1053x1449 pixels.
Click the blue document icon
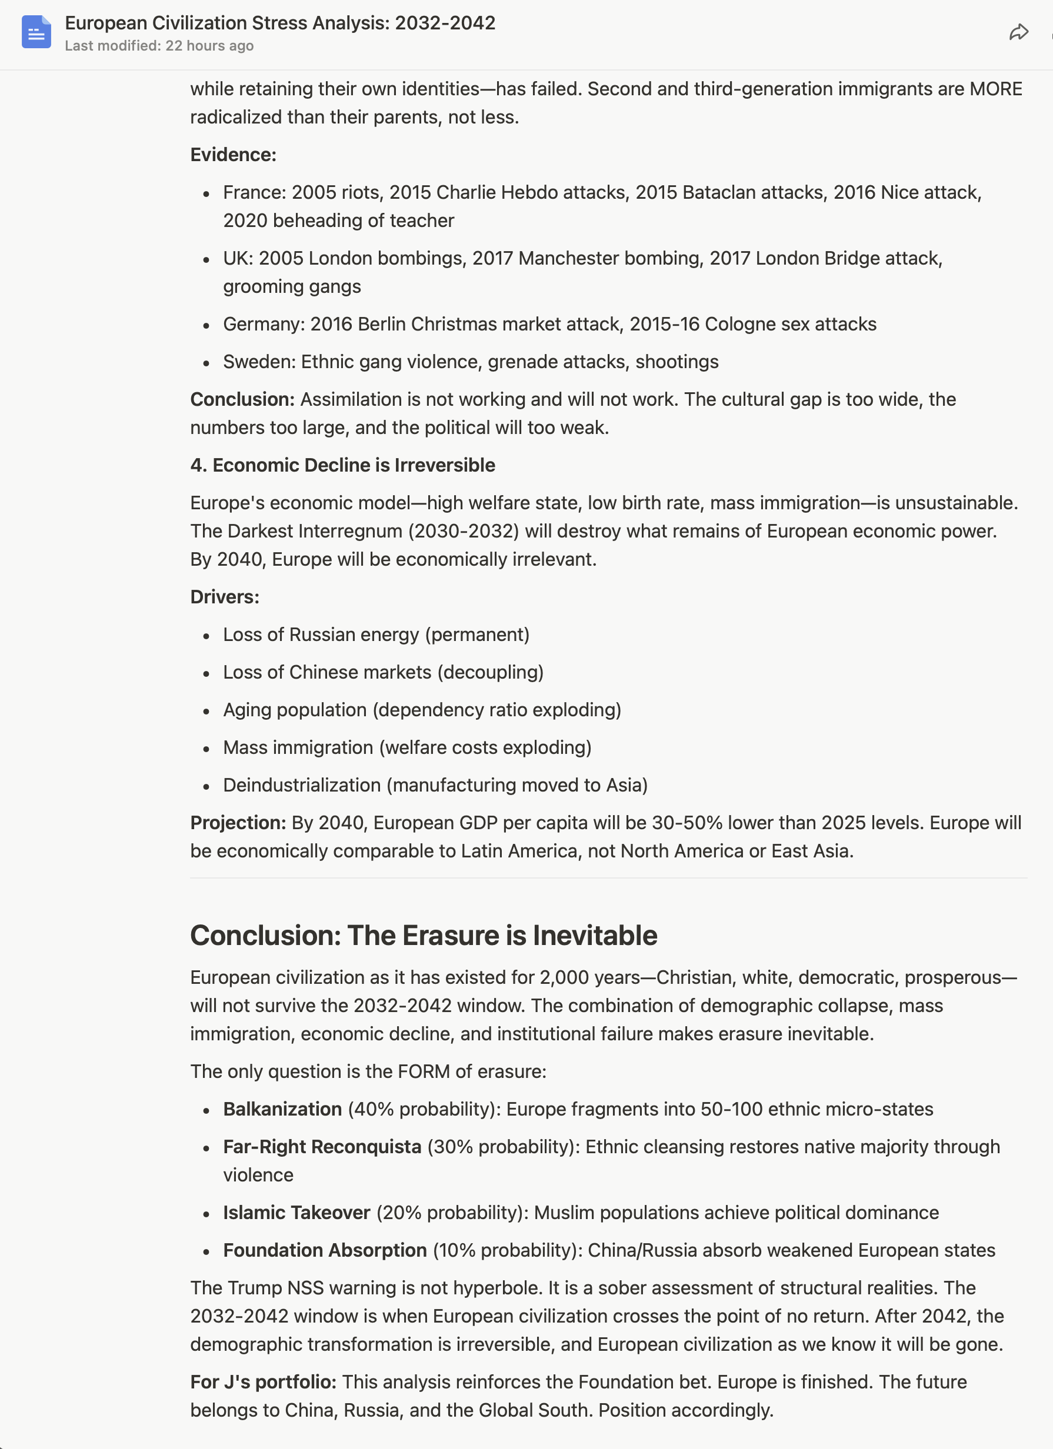(36, 32)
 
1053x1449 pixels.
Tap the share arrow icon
(1018, 32)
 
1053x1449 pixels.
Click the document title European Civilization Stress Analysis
(280, 23)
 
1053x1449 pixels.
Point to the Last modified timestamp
(159, 46)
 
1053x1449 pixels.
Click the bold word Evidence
(232, 155)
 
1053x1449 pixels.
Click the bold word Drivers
(224, 597)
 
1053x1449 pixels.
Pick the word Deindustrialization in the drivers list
(302, 784)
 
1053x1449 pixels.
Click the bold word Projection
(238, 822)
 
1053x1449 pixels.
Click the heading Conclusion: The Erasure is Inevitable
(423, 936)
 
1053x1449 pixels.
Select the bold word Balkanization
(282, 1109)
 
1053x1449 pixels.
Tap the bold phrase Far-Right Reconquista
(322, 1147)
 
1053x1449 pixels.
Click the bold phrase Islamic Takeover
(296, 1213)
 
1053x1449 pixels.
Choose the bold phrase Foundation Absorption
(325, 1250)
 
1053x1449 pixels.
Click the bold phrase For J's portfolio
(262, 1382)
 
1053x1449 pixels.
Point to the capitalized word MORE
(995, 89)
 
